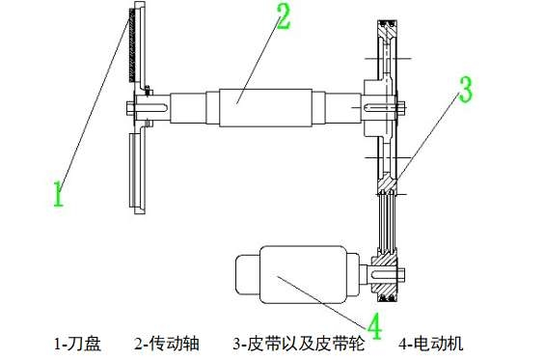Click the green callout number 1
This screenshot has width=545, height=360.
click(58, 191)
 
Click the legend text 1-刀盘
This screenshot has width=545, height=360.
click(77, 343)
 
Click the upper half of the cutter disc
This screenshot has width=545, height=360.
click(135, 48)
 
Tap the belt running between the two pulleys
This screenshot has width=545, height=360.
click(385, 222)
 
